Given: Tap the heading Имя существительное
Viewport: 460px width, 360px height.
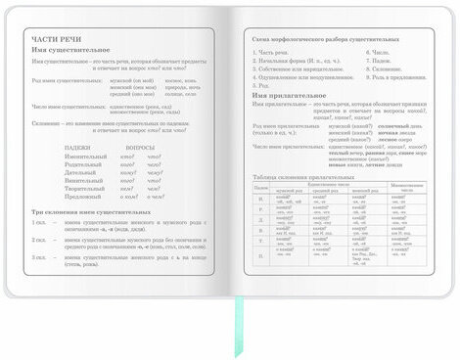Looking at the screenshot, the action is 83,49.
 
